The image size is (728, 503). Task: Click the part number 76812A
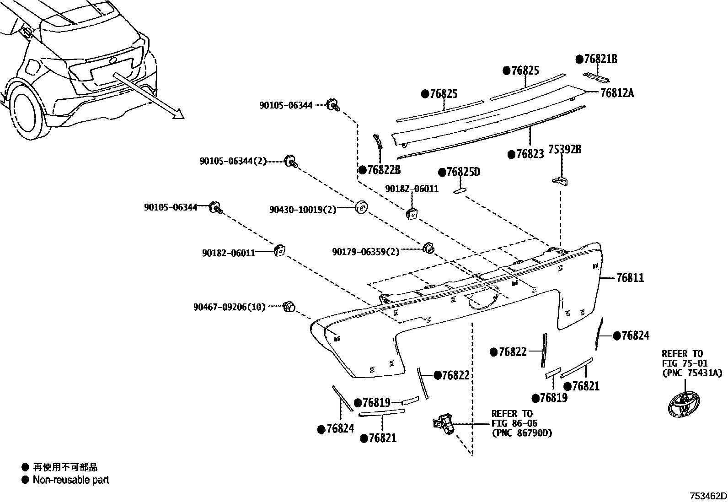coord(617,93)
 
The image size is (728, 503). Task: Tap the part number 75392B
coord(565,150)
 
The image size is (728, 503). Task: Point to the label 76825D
coord(464,172)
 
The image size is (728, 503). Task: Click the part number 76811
coord(630,278)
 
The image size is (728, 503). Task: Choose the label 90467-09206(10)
coord(229,307)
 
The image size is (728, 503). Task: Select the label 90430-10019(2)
coord(303,210)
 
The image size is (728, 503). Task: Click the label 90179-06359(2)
coord(365,252)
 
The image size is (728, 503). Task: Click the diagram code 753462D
coord(708,496)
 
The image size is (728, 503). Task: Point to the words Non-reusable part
coord(71,480)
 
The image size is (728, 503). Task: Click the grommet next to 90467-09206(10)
coord(289,307)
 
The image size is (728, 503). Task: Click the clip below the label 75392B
coord(561,180)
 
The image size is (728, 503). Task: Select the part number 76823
coord(530,154)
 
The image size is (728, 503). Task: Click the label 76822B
coord(385,170)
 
